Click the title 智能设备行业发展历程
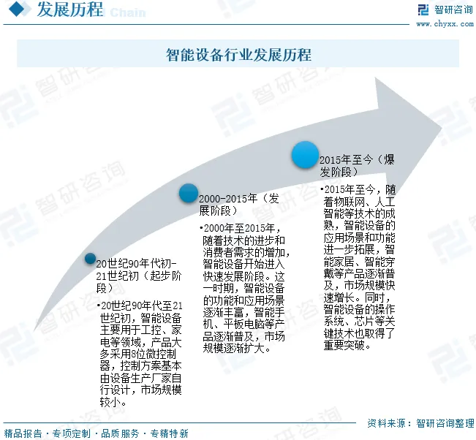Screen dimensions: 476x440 point(238,55)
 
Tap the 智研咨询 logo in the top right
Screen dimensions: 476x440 point(445,10)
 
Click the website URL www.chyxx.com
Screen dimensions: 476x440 point(445,23)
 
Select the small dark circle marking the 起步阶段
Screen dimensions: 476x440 point(90,258)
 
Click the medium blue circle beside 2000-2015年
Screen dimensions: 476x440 point(189,193)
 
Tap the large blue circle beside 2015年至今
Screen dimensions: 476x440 point(306,155)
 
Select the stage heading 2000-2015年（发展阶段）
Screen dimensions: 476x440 point(239,205)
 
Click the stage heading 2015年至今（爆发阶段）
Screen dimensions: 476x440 point(357,166)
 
